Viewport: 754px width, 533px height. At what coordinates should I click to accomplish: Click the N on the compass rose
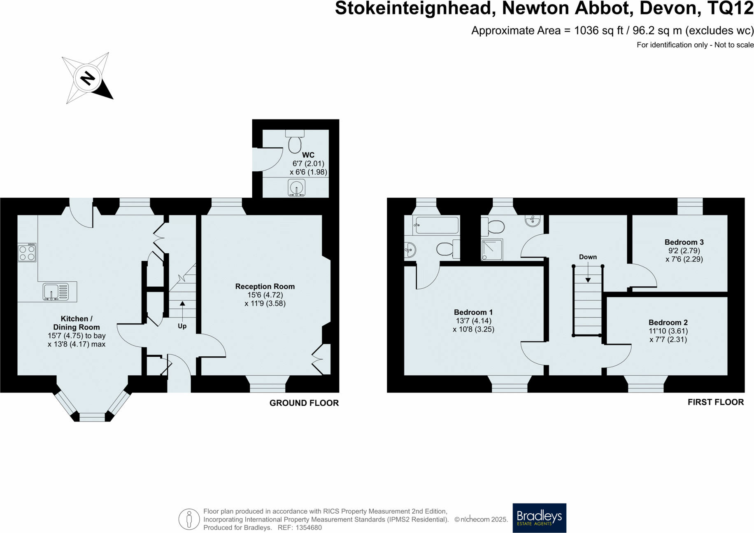pos(87,78)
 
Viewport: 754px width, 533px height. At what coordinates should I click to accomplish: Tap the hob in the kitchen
pos(27,252)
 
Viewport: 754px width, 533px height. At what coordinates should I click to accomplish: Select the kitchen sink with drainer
pos(56,292)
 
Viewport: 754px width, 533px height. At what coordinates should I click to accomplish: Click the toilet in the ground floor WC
pos(295,142)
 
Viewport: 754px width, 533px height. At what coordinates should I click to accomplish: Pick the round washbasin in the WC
pos(296,188)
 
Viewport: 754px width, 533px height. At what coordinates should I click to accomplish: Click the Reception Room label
pos(265,286)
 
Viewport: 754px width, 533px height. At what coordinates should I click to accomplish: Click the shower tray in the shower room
pos(492,250)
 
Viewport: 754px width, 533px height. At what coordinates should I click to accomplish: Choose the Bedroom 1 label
pos(473,312)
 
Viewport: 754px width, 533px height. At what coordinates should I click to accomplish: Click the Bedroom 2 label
pos(668,323)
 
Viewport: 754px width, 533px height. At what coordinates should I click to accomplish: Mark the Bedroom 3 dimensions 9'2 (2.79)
pos(684,250)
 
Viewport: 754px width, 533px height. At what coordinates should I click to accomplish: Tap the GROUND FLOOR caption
pos(304,403)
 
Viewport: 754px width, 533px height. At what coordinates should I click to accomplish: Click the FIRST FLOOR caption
pos(715,402)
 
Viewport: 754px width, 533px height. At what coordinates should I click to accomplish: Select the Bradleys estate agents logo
pos(539,518)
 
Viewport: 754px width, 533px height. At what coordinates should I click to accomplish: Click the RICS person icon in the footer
pos(189,519)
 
